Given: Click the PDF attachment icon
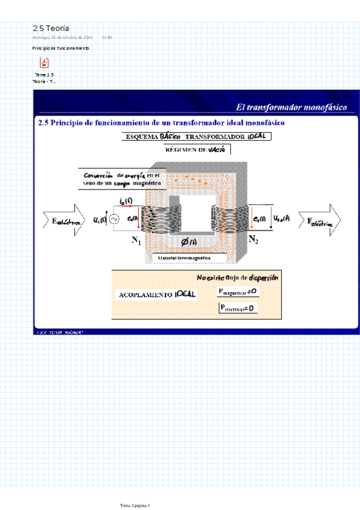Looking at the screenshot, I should tap(44, 63).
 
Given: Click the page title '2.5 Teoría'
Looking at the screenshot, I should tap(50, 28).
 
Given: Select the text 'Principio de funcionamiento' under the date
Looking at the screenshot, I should tap(61, 48).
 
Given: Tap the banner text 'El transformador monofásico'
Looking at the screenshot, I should tap(291, 106).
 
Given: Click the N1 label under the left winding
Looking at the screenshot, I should tap(136, 241).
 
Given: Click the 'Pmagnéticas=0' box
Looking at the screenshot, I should tap(238, 292).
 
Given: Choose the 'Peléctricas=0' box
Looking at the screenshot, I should tap(238, 308).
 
